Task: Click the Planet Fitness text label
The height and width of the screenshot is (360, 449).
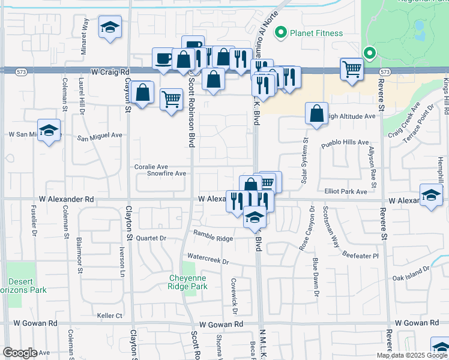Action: pos(316,34)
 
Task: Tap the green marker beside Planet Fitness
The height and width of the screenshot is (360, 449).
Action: pos(280,33)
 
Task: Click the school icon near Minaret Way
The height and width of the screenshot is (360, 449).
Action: pos(110,28)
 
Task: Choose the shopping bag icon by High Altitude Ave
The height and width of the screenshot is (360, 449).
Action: pos(316,113)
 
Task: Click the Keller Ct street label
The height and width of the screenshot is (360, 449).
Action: pos(109,316)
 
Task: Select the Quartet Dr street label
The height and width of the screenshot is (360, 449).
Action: pos(151,238)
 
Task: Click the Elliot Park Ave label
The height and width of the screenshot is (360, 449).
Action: pos(345,191)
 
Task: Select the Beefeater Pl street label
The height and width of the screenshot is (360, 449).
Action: pos(361,255)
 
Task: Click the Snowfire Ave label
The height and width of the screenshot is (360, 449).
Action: pos(167,173)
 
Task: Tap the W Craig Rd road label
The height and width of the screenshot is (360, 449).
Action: pos(110,71)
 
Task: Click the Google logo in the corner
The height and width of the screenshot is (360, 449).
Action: pos(20,353)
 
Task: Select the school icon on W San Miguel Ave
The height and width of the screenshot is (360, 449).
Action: pos(49,130)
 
